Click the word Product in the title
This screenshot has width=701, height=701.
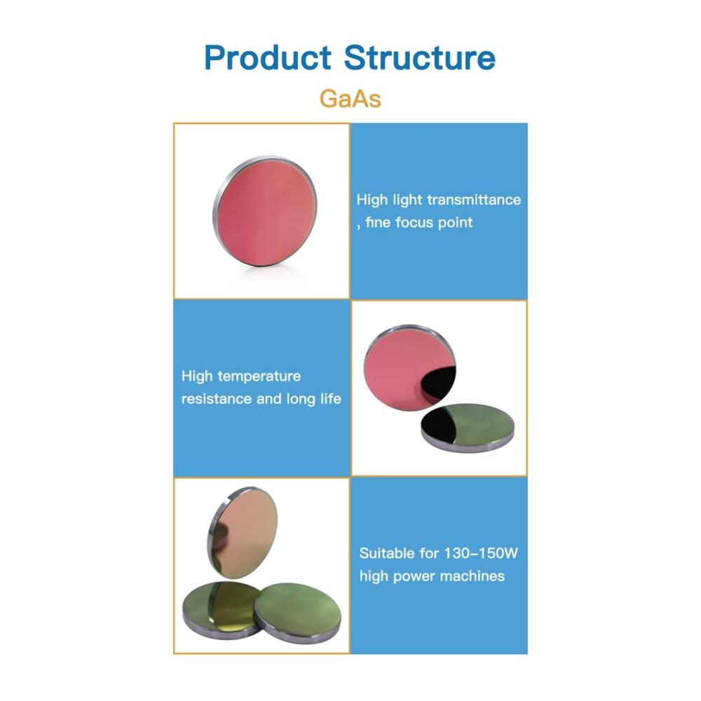tap(267, 57)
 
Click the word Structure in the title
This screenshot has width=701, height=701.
tap(419, 57)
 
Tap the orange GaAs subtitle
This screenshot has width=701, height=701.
tap(350, 99)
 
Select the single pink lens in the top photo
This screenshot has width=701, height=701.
tap(265, 210)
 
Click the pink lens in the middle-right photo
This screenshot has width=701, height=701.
tap(409, 368)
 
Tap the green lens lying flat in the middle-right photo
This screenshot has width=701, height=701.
tap(468, 428)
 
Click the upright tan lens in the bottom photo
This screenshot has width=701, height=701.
tap(243, 533)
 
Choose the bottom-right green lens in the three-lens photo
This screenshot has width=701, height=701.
tap(297, 613)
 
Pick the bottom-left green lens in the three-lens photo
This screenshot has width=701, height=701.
tap(220, 609)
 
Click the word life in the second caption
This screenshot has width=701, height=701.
tap(330, 398)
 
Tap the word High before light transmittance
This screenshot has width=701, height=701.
tap(372, 199)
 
